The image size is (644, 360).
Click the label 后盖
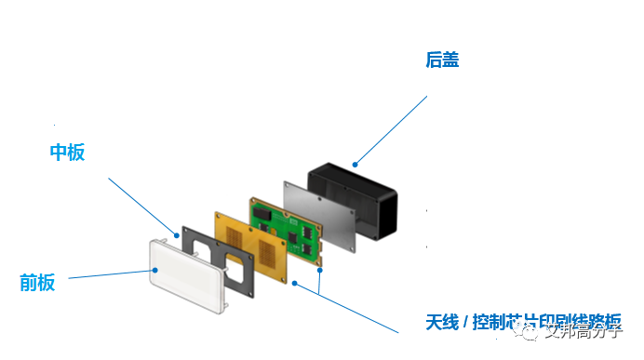pyautogui.click(x=442, y=60)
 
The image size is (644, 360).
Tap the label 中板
pyautogui.click(x=67, y=153)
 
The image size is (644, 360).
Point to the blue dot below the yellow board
pyautogui.click(x=293, y=281)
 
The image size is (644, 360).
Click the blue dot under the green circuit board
pyautogui.click(x=320, y=270)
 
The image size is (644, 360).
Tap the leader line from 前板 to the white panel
pyautogui.click(x=107, y=274)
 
